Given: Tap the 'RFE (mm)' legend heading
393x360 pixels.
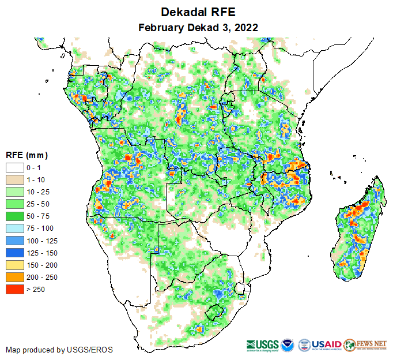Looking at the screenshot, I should tap(27, 155).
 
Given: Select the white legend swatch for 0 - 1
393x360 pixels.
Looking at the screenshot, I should tap(14, 168).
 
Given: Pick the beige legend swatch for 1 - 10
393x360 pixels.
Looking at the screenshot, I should tap(14, 180).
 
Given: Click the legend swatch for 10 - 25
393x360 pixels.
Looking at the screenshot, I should tap(14, 192).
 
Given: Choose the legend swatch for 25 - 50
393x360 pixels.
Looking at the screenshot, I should tap(14, 204).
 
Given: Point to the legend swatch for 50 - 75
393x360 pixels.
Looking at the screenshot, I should tap(14, 216).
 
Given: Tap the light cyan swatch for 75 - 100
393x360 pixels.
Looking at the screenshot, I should tap(14, 228).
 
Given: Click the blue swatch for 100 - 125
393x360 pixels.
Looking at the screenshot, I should tap(14, 241).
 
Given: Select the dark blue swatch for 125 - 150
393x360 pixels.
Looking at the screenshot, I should tap(14, 253).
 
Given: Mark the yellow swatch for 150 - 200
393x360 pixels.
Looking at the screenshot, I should tap(14, 265).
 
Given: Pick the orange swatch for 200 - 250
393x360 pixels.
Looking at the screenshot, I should tap(14, 277).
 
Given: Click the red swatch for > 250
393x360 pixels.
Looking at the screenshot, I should tap(14, 289).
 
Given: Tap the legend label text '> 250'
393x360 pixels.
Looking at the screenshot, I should tap(35, 289).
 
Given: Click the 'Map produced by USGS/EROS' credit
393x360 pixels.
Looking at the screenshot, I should tap(59, 350).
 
